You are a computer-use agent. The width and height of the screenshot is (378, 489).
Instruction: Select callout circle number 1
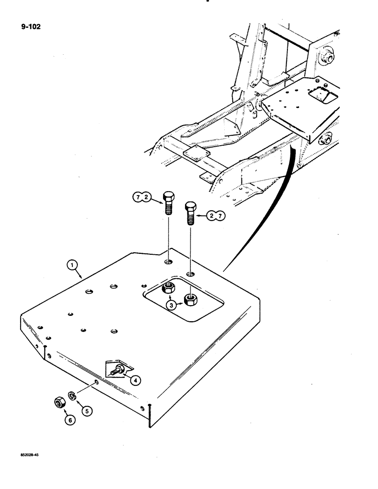point(72,266)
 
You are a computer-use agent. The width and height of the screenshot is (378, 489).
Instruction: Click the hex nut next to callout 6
point(59,402)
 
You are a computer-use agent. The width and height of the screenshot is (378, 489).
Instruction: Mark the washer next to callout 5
point(71,395)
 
